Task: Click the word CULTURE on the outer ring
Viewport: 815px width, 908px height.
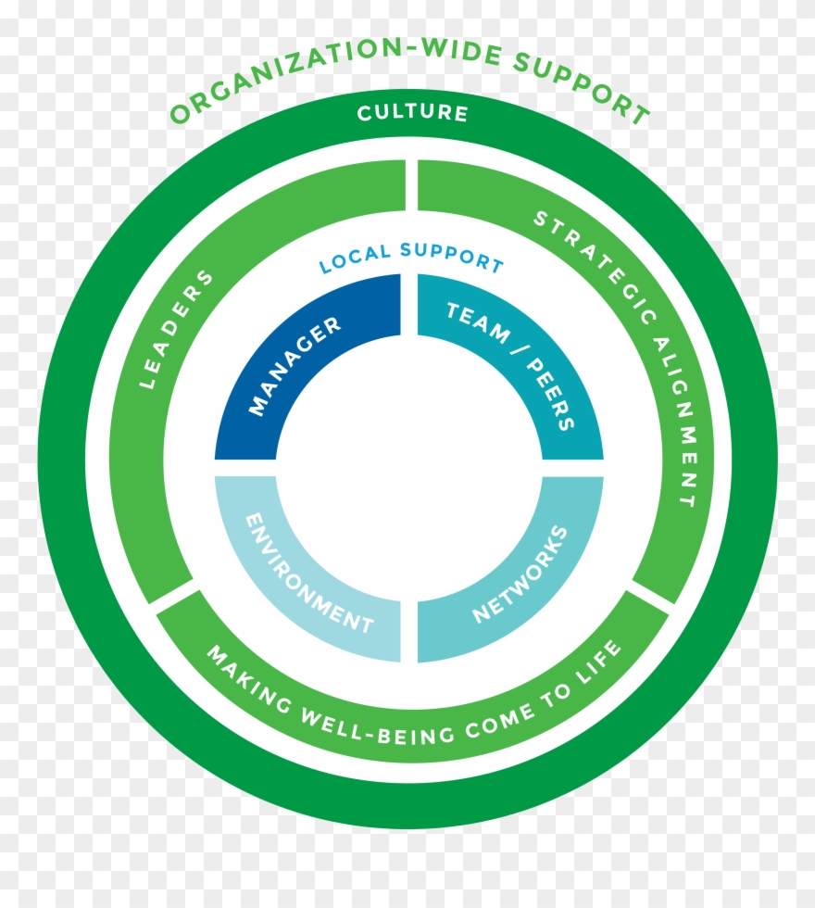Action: [412, 114]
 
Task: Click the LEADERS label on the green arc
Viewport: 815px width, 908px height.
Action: [177, 328]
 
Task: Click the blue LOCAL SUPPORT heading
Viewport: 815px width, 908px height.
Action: [411, 259]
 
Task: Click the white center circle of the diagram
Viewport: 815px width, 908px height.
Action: [408, 468]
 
